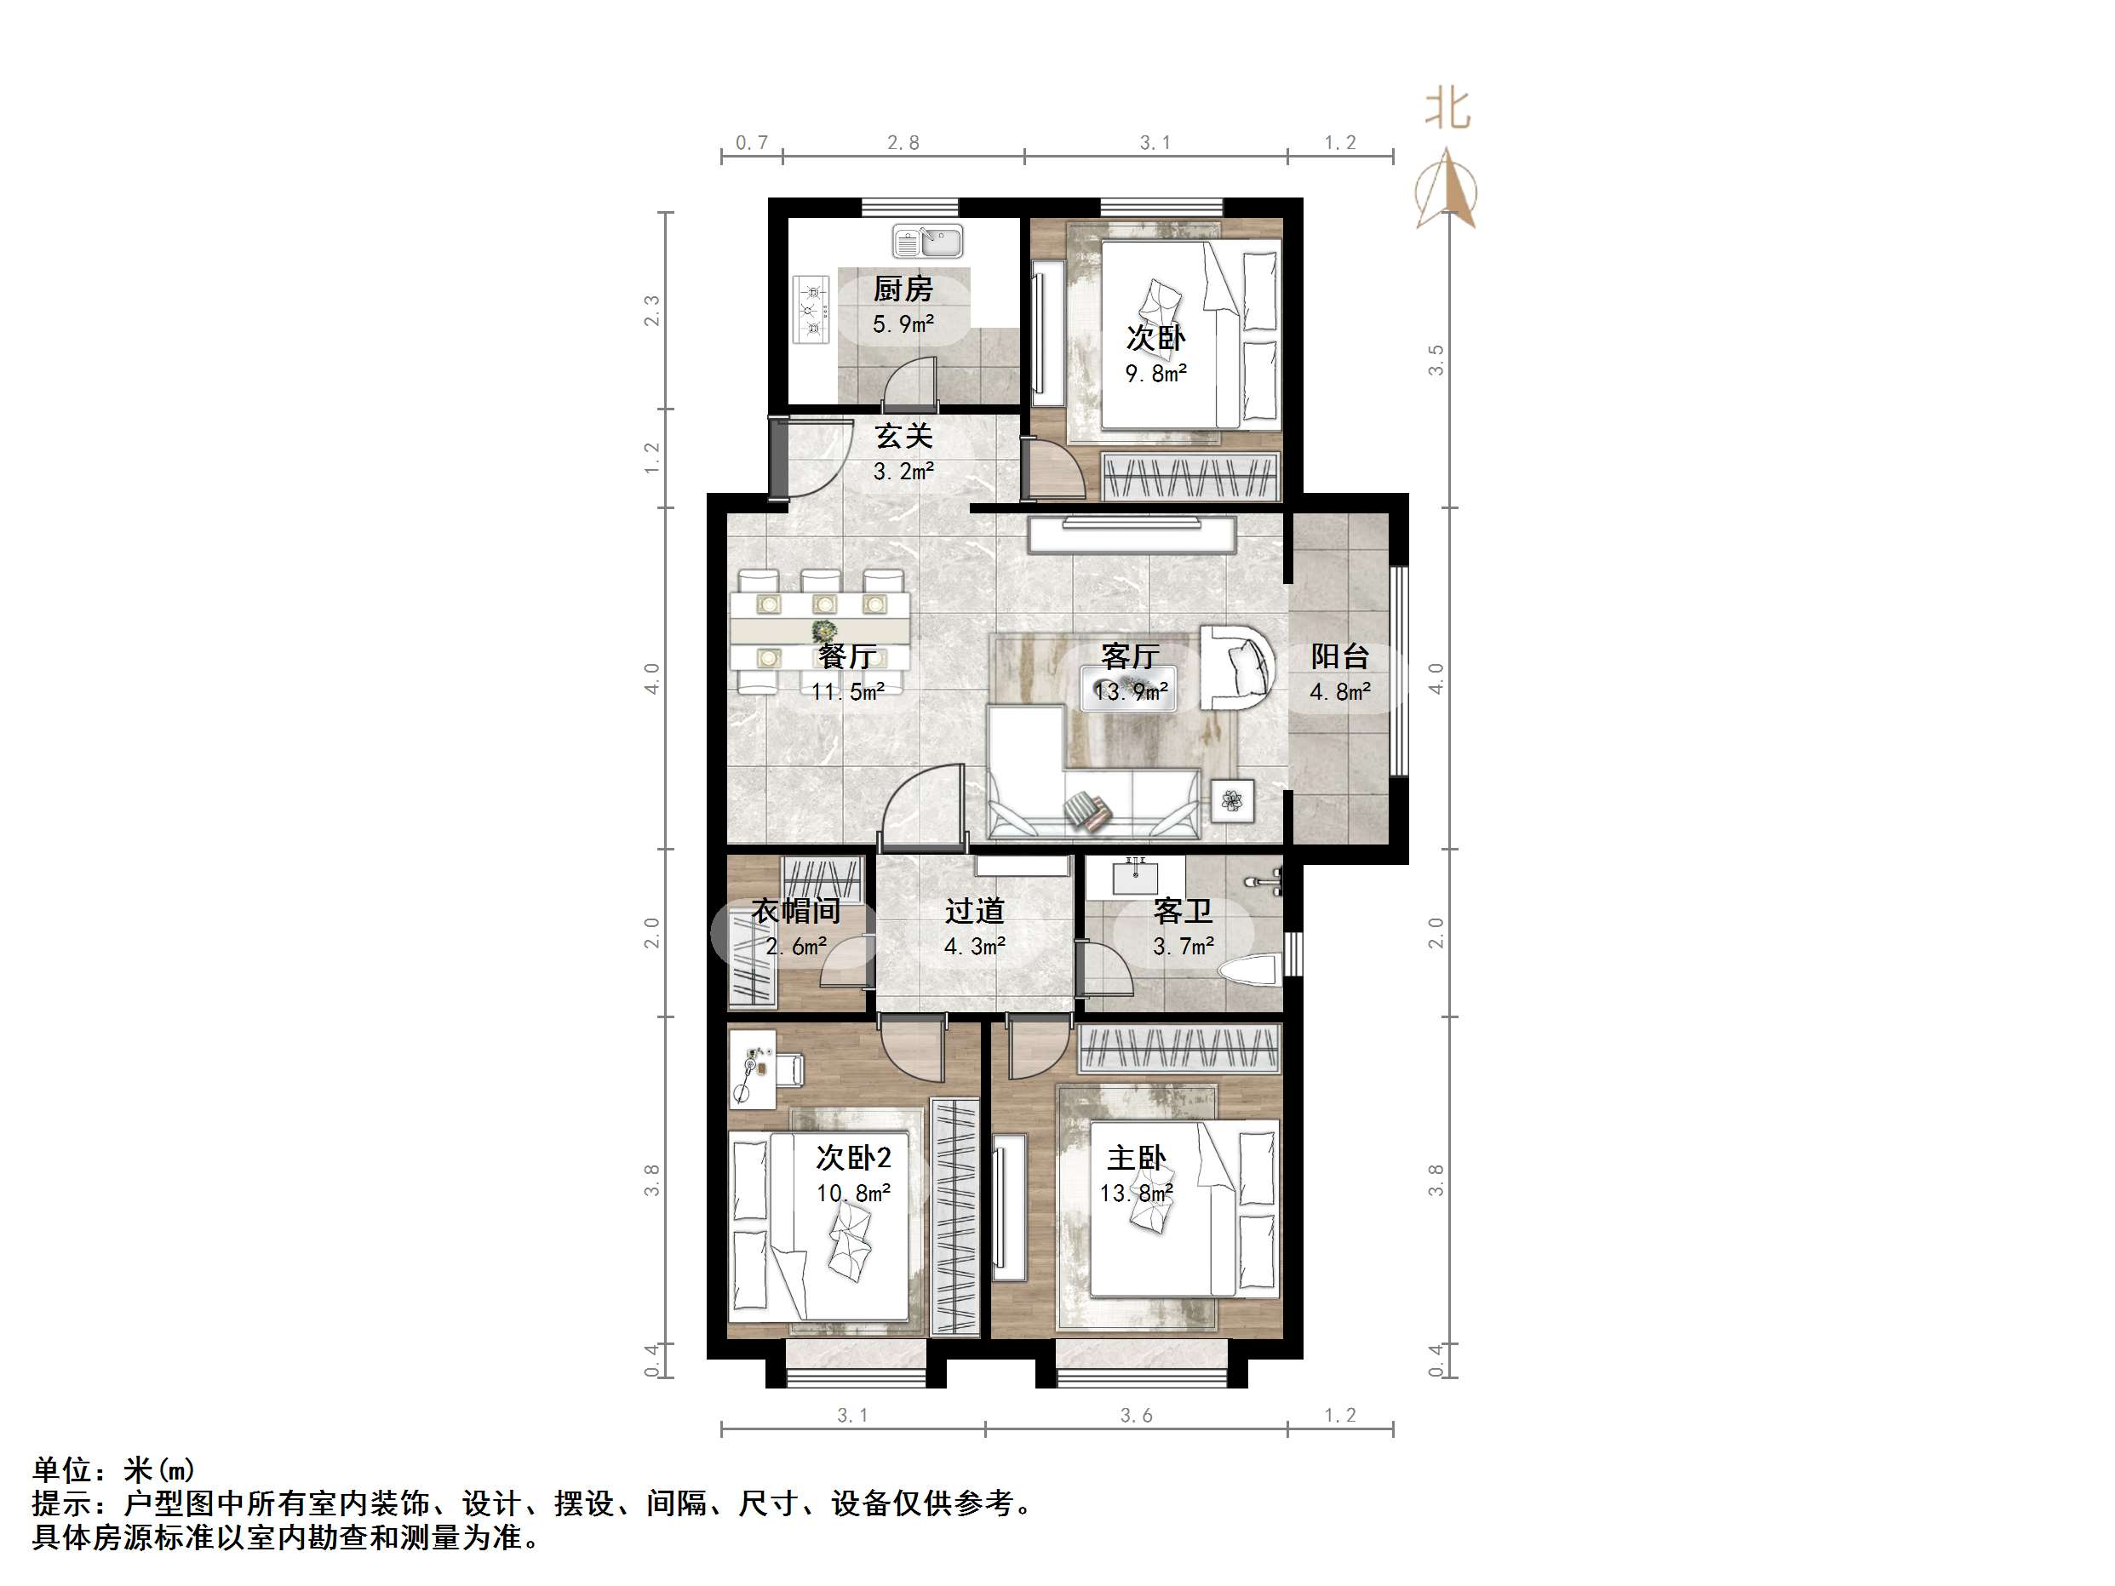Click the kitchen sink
[x=927, y=241]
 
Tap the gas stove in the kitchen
[x=811, y=310]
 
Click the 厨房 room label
[x=903, y=288]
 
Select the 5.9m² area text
[x=903, y=324]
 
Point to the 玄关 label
[x=903, y=437]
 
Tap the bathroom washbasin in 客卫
[x=1135, y=875]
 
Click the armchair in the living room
[x=1235, y=667]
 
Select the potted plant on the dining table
[x=823, y=631]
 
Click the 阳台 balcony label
[x=1339, y=656]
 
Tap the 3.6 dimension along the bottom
[x=1136, y=1415]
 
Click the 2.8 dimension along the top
[x=903, y=143]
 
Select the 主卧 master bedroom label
[x=1136, y=1158]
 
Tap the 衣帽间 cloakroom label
[x=795, y=910]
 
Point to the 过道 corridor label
[x=974, y=910]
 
